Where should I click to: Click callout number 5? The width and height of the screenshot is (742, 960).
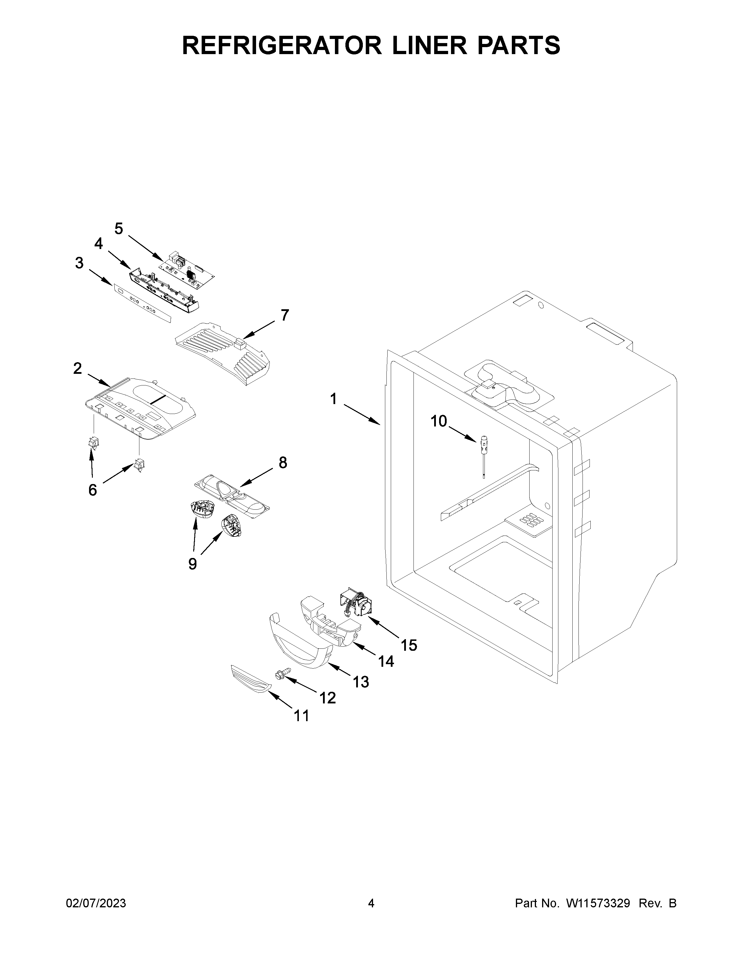pyautogui.click(x=119, y=229)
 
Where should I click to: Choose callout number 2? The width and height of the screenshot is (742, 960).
pyautogui.click(x=77, y=368)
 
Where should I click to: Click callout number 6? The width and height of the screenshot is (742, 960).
pyautogui.click(x=92, y=489)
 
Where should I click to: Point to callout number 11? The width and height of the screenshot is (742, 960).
pyautogui.click(x=301, y=716)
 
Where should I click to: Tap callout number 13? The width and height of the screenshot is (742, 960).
pyautogui.click(x=361, y=682)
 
